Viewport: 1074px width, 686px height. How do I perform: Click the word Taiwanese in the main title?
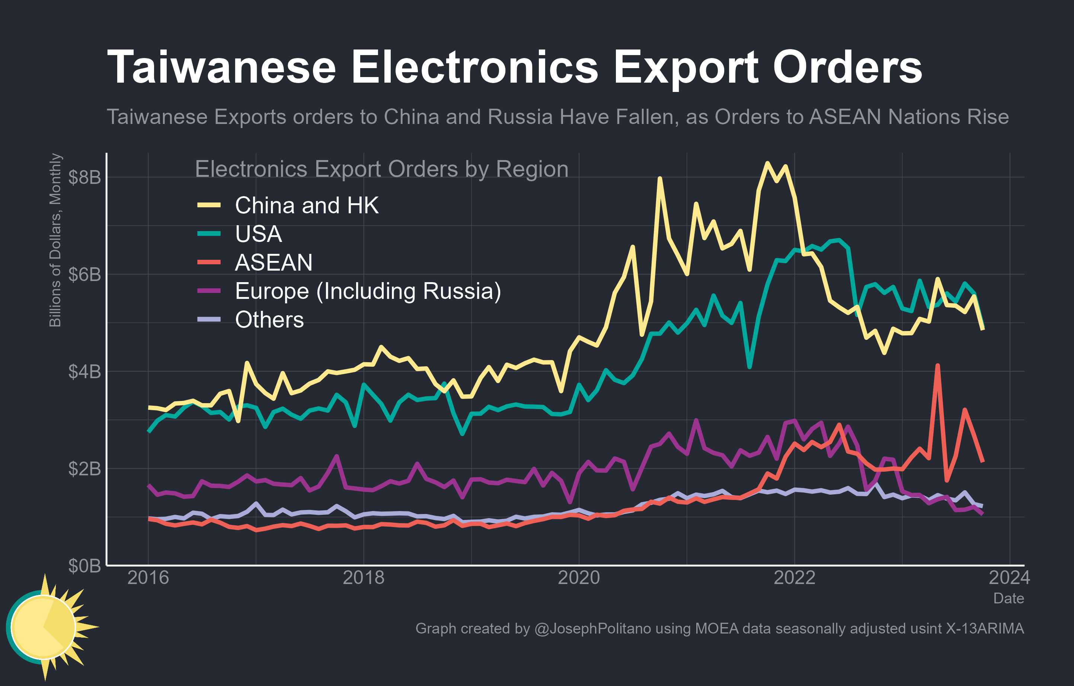222,68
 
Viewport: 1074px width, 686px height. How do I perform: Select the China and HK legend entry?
306,205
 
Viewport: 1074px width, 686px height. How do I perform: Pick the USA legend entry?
258,234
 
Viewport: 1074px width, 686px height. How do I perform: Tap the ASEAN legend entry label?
274,262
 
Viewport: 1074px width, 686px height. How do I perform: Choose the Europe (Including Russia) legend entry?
368,291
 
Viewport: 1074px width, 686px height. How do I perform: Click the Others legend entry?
269,319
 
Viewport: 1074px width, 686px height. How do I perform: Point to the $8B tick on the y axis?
84,178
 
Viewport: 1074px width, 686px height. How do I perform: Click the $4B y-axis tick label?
84,371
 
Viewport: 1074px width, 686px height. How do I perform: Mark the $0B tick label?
84,565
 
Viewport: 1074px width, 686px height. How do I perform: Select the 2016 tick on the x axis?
148,578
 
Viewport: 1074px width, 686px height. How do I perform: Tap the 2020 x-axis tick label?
579,578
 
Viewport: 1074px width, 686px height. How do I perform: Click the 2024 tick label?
1009,578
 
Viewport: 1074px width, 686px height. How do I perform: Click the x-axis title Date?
1009,598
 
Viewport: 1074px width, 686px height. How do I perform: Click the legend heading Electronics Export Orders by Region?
382,169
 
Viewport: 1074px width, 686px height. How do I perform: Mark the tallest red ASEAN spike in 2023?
937,366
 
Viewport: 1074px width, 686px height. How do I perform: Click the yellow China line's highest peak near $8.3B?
767,163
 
